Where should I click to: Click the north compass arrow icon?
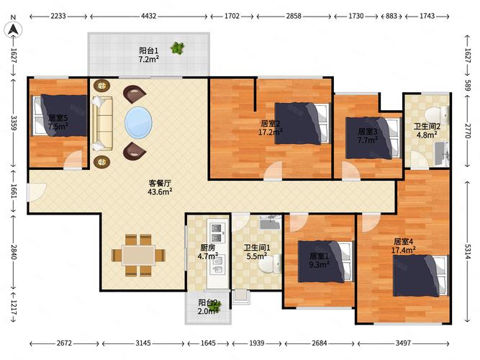point(13,30)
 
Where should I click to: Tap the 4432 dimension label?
point(148,16)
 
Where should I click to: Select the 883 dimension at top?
point(391,16)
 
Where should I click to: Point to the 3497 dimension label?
point(403,343)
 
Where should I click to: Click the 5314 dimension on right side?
point(468,251)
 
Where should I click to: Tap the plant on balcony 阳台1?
point(178,48)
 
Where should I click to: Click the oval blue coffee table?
point(138,122)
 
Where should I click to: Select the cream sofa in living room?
point(102,123)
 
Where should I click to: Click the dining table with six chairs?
point(138,255)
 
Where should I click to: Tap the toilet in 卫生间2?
point(437,115)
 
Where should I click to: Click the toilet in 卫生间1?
point(271,264)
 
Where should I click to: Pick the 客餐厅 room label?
point(160,183)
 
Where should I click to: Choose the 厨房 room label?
point(207,248)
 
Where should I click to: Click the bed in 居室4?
point(420,276)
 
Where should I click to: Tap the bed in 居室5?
point(60,115)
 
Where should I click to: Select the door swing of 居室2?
point(273,171)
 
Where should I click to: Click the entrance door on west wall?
point(37,192)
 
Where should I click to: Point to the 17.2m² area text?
point(271,132)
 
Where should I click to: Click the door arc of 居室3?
point(350,171)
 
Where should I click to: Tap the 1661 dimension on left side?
point(14,192)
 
